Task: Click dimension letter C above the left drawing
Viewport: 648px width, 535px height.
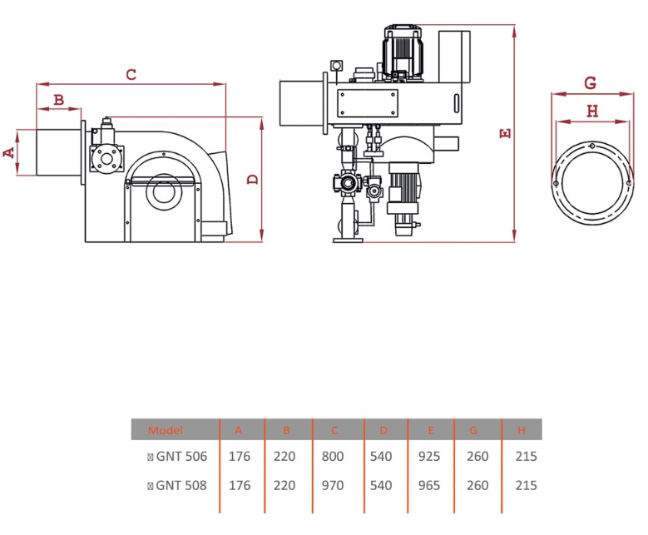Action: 131,75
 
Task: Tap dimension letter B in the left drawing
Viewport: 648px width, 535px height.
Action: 59,100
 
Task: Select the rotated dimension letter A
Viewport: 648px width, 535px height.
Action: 8,152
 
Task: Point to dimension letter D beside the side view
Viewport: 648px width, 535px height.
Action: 253,180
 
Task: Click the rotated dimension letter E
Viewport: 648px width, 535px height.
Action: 506,133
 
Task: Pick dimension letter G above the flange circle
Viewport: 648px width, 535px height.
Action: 590,83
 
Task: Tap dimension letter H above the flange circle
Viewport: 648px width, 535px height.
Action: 592,111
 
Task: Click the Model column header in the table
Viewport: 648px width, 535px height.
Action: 166,430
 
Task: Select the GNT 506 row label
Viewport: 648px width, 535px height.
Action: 177,456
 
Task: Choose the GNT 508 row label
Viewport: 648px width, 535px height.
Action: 177,485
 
